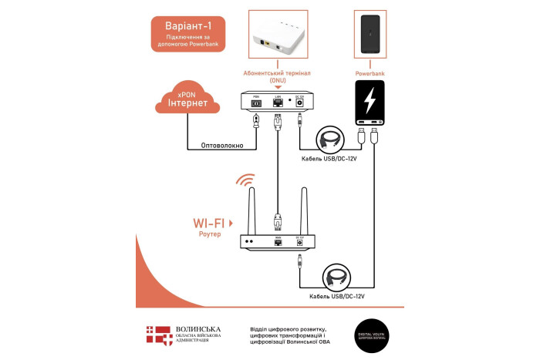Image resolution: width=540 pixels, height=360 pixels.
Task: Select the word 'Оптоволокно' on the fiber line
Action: pos(222,143)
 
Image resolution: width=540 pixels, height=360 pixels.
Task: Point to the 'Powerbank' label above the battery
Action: pos(369,74)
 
